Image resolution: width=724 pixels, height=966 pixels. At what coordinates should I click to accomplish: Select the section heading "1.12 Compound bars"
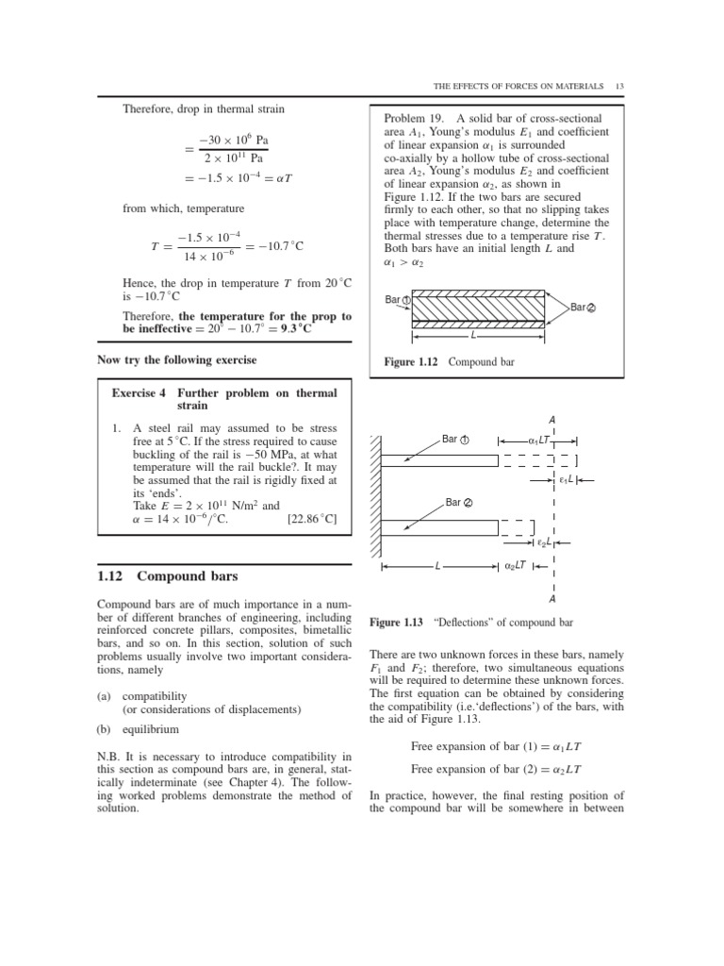(168, 575)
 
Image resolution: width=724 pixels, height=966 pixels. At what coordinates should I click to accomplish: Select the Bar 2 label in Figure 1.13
(459, 503)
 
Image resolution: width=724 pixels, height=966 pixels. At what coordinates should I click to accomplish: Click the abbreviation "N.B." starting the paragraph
(111, 755)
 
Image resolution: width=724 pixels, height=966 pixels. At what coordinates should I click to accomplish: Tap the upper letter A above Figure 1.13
(551, 419)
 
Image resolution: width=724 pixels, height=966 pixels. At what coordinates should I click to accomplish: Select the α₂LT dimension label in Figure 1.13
(517, 566)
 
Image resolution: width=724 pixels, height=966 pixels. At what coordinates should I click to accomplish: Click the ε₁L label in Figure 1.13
(566, 479)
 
